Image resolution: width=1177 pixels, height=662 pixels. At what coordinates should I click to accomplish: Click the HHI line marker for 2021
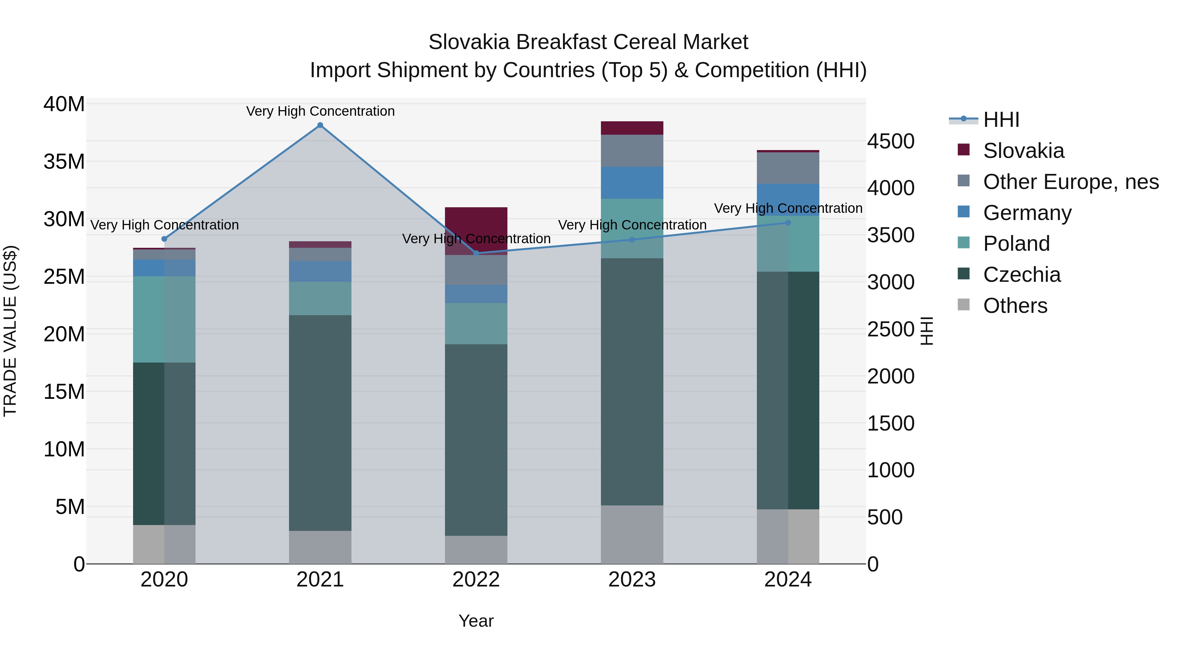[x=320, y=125]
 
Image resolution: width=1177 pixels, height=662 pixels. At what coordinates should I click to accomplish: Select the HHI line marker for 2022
[x=476, y=253]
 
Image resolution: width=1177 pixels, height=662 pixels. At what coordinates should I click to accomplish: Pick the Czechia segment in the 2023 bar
[x=632, y=382]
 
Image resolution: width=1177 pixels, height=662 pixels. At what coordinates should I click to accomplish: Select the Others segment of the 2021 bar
[x=320, y=547]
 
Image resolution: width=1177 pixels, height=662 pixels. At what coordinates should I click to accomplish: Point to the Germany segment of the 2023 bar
[x=632, y=183]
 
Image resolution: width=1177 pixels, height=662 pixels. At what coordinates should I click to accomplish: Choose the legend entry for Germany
[x=1027, y=213]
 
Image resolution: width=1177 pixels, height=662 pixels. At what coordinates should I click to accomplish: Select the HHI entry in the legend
[x=1001, y=120]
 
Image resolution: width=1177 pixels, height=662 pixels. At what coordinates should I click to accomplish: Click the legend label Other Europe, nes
[x=1070, y=182]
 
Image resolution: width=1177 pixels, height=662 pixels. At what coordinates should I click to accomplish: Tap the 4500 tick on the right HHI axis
[x=891, y=141]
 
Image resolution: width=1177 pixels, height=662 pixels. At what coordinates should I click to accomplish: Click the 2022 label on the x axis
[x=476, y=580]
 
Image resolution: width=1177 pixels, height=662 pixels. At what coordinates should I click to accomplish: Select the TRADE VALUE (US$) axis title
[x=10, y=331]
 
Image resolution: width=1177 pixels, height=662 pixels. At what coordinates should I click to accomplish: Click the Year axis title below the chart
[x=476, y=621]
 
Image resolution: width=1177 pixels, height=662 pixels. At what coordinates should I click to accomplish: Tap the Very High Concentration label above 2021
[x=320, y=111]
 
